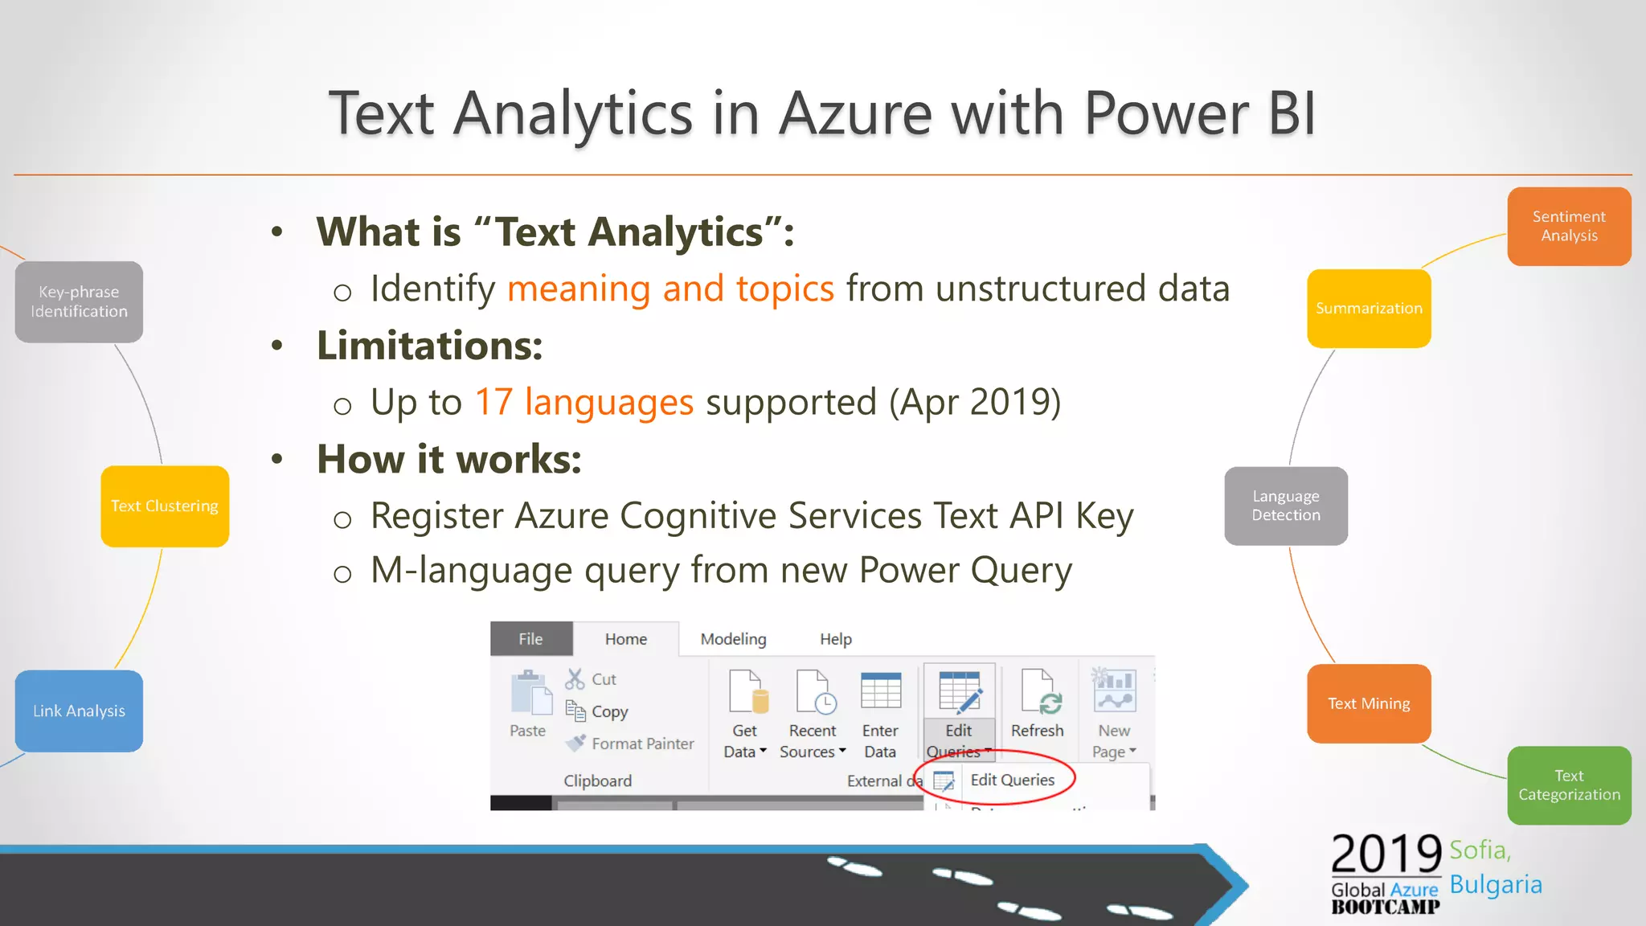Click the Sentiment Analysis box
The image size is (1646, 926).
click(1568, 226)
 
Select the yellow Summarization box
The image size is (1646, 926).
click(1369, 308)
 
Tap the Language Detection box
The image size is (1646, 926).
click(1285, 506)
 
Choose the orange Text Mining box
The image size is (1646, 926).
click(1369, 703)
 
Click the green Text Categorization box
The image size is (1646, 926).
click(1568, 785)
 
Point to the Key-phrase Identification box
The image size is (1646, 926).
click(79, 301)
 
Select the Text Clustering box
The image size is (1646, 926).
click(165, 506)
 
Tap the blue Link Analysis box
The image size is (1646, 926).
click(79, 711)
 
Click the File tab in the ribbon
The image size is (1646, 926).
click(530, 639)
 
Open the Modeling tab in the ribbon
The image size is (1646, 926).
click(733, 639)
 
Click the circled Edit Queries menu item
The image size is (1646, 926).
click(1012, 780)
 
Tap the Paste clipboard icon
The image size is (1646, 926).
click(530, 693)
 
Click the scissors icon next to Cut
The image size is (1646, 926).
click(575, 679)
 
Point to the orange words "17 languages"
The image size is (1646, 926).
click(583, 402)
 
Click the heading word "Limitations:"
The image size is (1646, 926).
click(430, 346)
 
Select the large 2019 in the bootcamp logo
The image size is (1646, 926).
click(1386, 854)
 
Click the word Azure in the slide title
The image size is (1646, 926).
click(857, 113)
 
